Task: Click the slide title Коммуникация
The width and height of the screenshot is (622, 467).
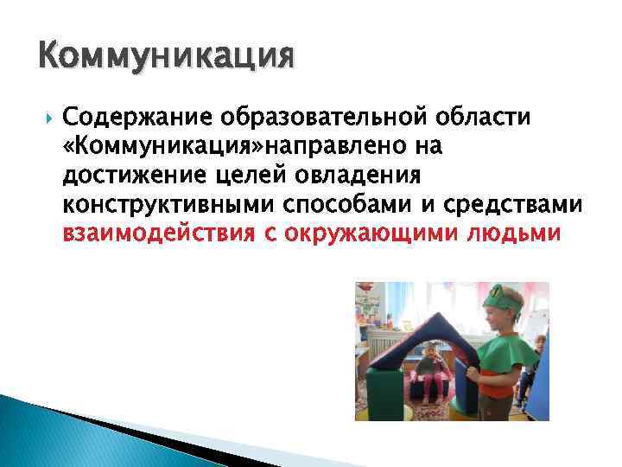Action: (167, 58)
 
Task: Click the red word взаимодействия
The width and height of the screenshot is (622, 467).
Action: (155, 235)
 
